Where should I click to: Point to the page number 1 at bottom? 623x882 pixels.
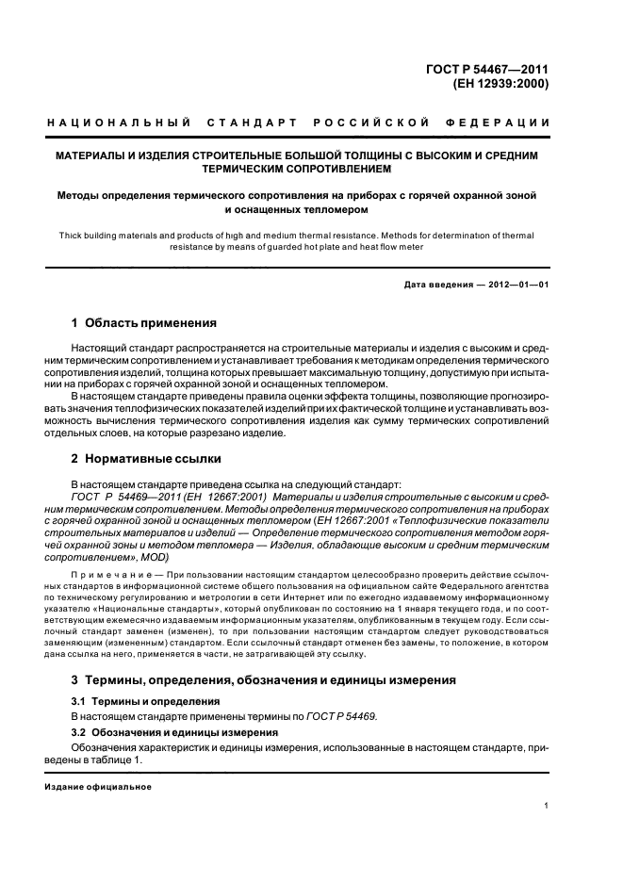click(546, 806)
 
